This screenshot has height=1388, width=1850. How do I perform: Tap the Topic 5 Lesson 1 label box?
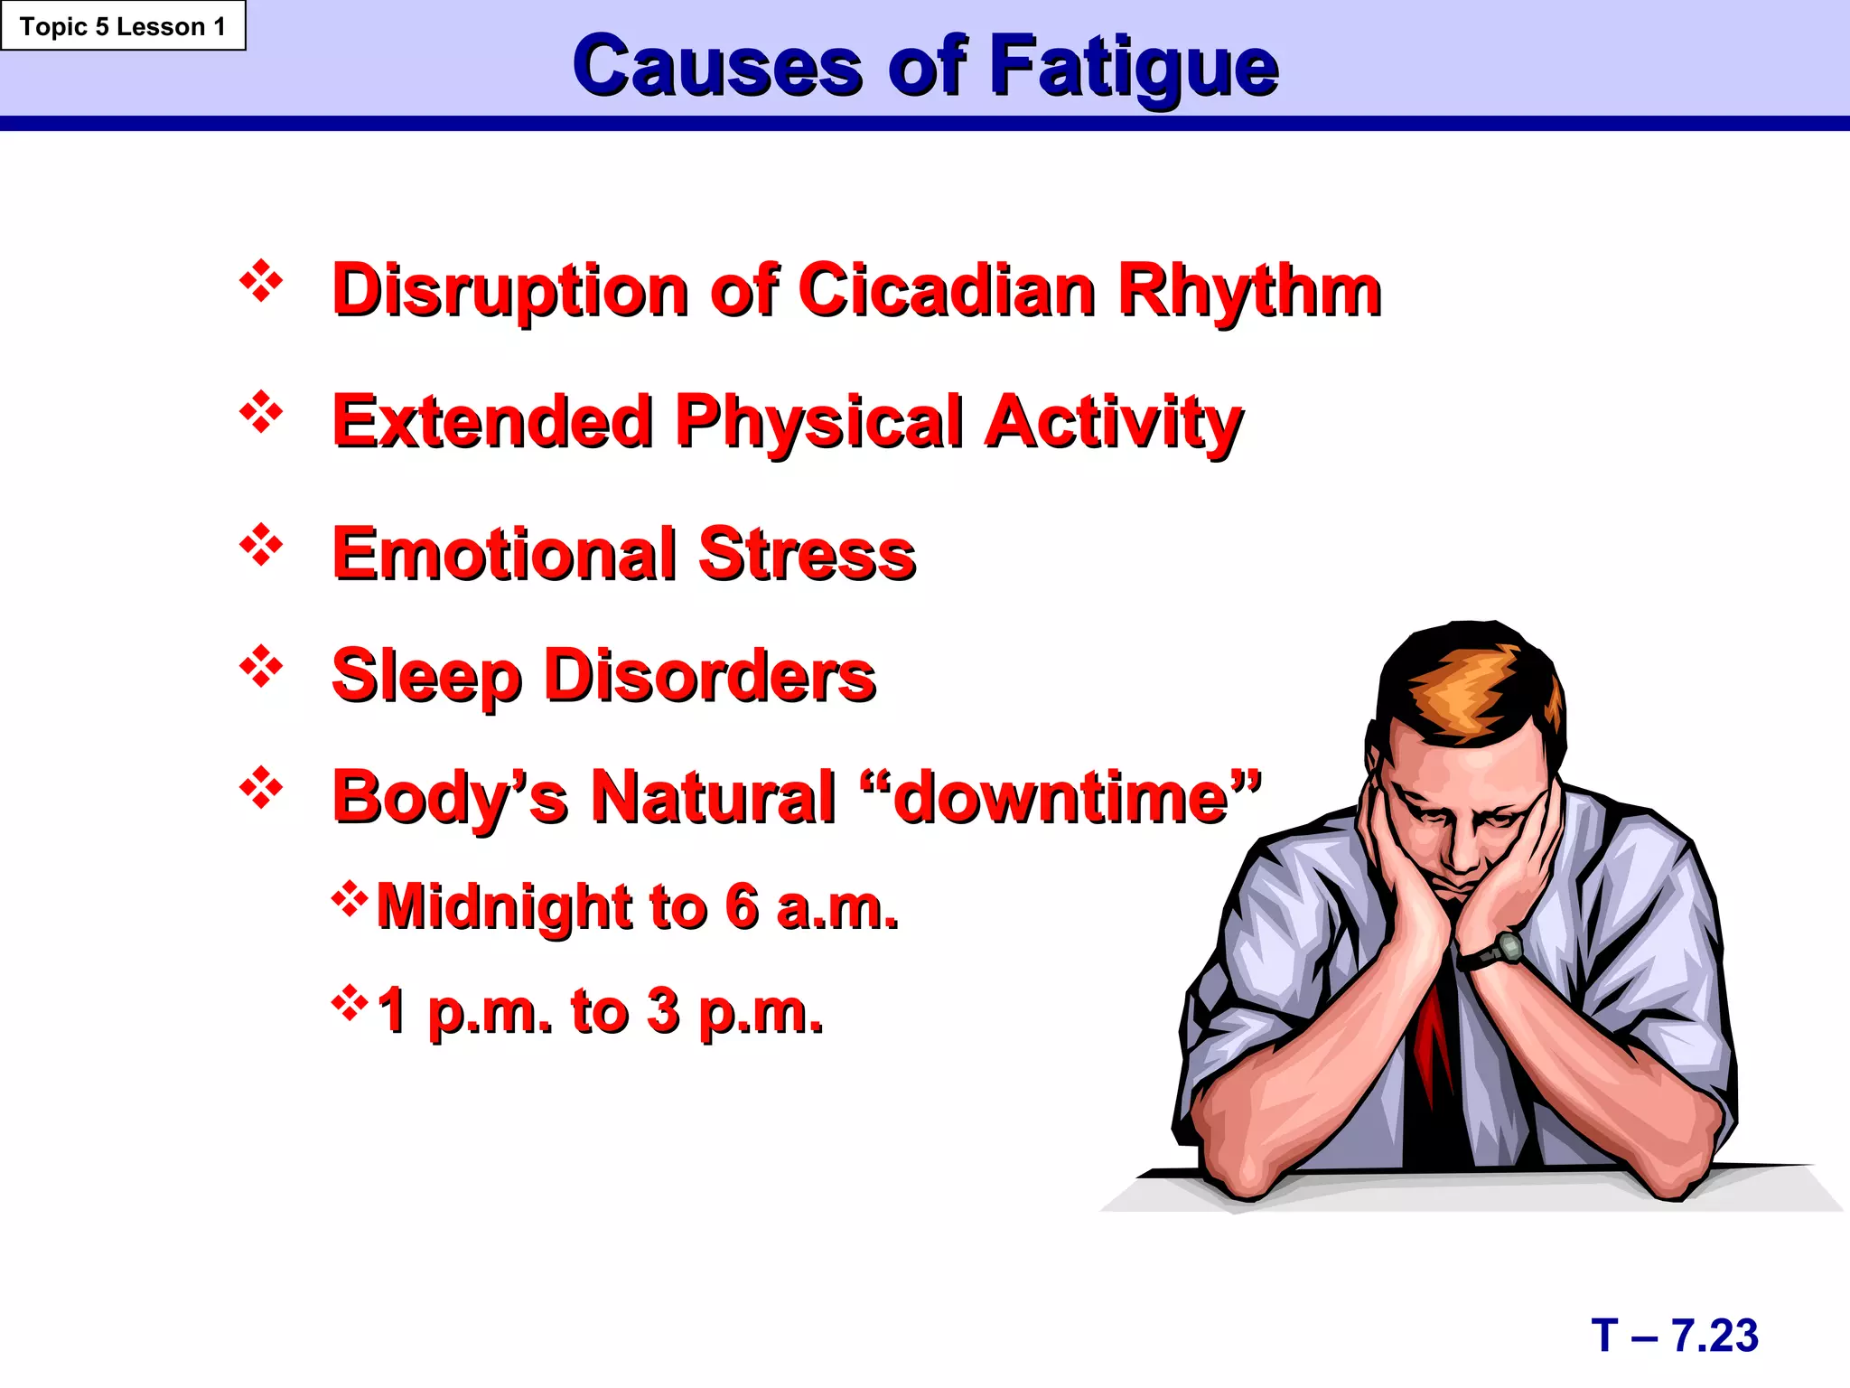tap(123, 26)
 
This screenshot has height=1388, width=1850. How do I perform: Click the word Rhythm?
tap(1250, 290)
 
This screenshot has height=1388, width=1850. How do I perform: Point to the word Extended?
tap(492, 422)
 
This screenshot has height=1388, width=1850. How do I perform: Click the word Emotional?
tap(504, 554)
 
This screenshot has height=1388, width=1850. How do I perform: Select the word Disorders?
tap(710, 676)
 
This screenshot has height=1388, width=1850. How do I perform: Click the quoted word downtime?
tap(1060, 798)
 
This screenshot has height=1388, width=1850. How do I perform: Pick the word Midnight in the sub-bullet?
tap(503, 906)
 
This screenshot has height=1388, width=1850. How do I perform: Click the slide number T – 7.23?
tap(1675, 1336)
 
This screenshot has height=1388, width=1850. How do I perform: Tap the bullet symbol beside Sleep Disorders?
tap(261, 668)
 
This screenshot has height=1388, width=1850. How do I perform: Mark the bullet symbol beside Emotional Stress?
tap(261, 546)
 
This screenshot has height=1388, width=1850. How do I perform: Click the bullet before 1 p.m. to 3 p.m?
tap(350, 1002)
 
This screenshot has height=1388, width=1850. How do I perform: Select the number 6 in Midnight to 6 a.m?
tap(742, 906)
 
